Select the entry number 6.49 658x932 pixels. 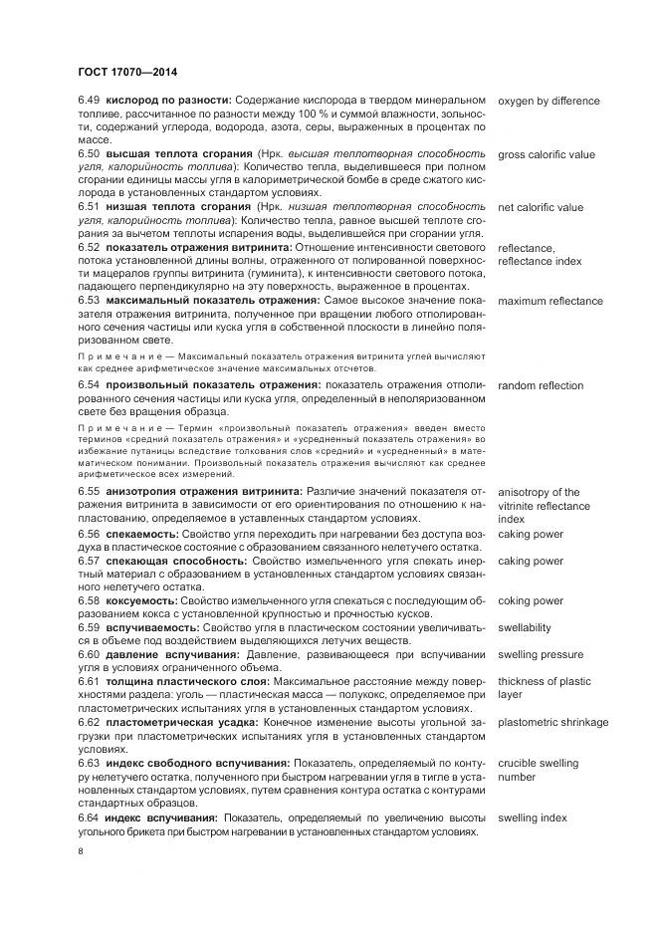coord(89,102)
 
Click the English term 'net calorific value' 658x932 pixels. coord(541,208)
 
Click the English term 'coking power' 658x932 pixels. coord(531,601)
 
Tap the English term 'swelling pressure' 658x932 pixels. coord(541,655)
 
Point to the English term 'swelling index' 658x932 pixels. coord(533,817)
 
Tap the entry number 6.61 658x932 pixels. coord(89,682)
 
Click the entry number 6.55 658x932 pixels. coord(89,492)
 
